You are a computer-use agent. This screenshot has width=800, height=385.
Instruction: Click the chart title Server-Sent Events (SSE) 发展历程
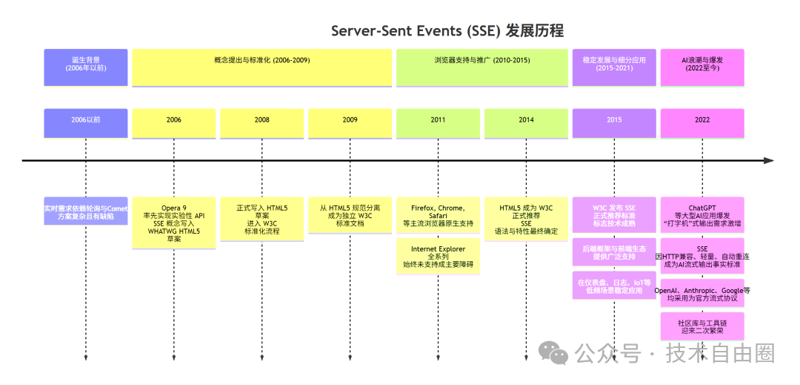tap(447, 30)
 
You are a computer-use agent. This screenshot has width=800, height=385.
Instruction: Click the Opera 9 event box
tap(174, 222)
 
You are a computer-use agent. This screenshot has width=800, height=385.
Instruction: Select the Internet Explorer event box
tap(438, 256)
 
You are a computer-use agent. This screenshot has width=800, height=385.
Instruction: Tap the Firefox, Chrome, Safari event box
tap(438, 215)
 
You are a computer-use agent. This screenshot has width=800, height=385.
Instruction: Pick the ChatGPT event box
tap(701, 215)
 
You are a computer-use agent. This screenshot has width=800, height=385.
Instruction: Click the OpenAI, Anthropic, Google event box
tap(701, 294)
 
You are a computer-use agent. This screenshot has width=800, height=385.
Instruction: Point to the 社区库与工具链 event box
tap(701, 326)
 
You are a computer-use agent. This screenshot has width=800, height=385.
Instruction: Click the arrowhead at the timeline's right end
tap(769, 160)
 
